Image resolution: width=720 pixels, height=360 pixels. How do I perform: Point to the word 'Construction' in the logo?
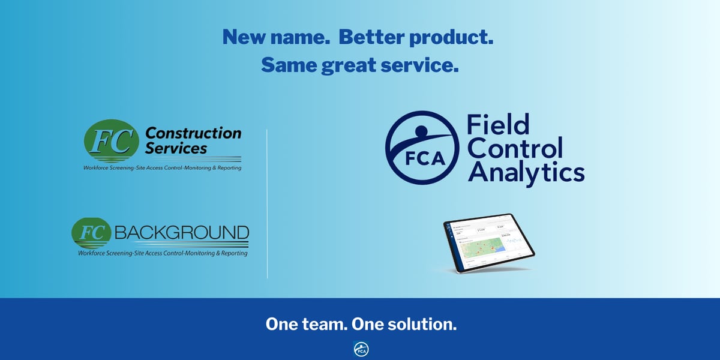coord(194,133)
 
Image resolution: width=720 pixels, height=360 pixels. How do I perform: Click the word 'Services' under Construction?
coord(176,148)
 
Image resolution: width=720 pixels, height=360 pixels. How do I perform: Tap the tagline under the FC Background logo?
coord(163,253)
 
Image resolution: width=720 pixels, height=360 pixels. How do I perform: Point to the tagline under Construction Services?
coord(163,168)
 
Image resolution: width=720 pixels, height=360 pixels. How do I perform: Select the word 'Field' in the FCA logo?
coord(499,125)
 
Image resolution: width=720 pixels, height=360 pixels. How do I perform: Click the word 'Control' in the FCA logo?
coord(515,148)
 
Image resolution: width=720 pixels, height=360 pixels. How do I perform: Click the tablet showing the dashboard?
coord(488,243)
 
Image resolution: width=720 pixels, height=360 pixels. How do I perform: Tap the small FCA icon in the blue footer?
coord(361,349)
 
